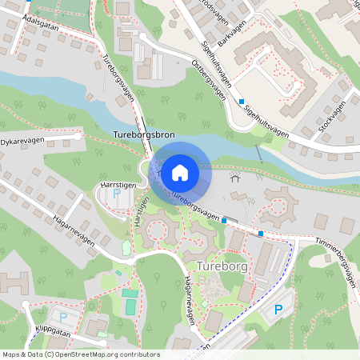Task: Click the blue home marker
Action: [180, 172]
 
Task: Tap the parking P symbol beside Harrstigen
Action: [117, 193]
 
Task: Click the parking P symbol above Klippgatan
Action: [63, 316]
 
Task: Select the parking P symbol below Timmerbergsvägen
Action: [278, 310]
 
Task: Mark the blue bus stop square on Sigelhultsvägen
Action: [241, 102]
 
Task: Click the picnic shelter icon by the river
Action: [235, 176]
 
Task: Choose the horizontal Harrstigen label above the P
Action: [115, 184]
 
